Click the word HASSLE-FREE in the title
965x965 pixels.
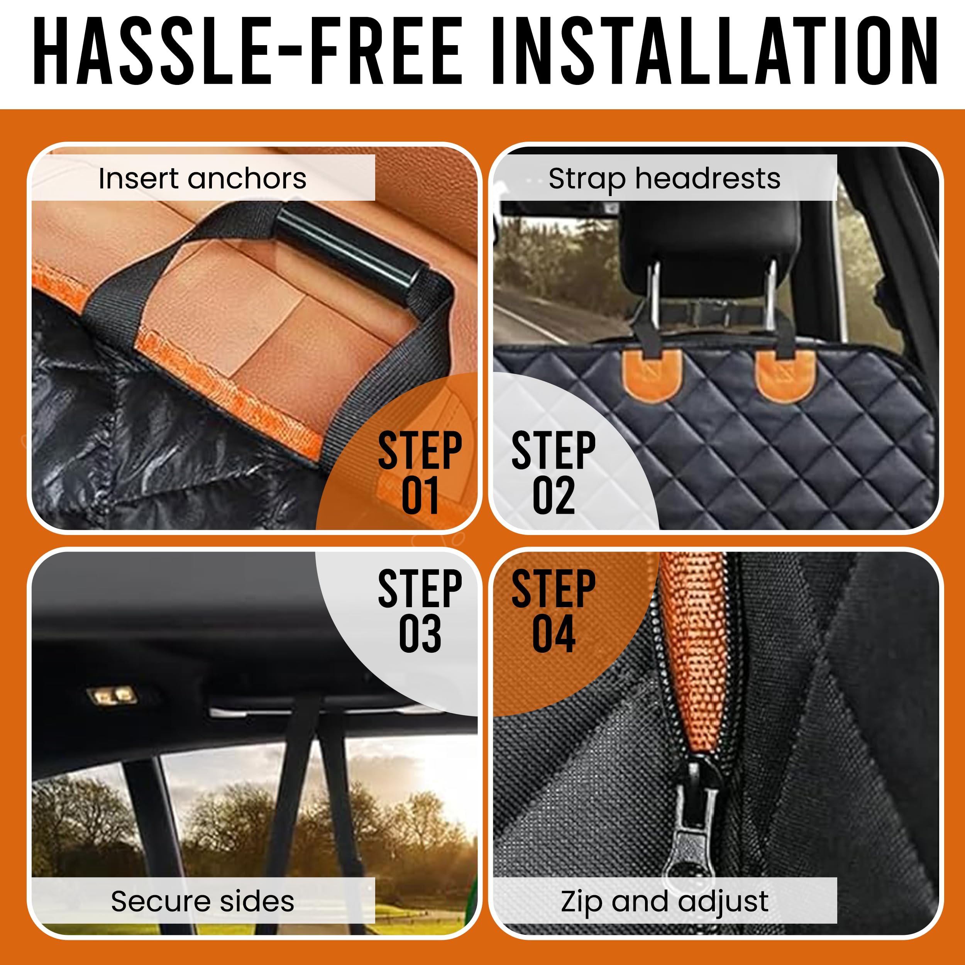(x=248, y=51)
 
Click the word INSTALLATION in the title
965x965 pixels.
(x=715, y=51)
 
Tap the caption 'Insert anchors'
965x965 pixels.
(x=202, y=178)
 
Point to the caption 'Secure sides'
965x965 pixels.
(x=202, y=902)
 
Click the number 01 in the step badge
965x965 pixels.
(x=420, y=496)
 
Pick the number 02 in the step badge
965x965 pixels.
(x=554, y=496)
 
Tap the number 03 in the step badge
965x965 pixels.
(x=420, y=634)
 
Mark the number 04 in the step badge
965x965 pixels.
(x=554, y=634)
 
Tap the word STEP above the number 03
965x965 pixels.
(x=420, y=589)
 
